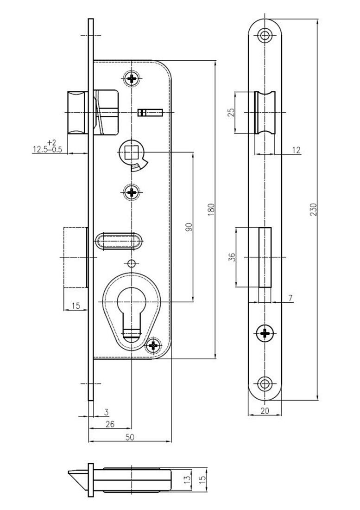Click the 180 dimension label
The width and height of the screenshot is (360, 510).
[x=211, y=210]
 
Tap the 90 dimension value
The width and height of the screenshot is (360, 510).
[x=188, y=227]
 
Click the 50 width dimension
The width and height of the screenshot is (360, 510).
[x=130, y=437]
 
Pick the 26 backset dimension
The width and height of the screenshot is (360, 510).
[x=110, y=424]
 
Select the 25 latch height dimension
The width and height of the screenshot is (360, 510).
[x=231, y=113]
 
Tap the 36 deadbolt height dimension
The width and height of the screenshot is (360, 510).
[x=231, y=257]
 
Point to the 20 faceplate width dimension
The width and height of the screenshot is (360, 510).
[x=265, y=410]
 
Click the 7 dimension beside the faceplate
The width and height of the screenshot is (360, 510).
[x=290, y=298]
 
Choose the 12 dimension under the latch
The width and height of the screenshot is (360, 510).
[x=297, y=150]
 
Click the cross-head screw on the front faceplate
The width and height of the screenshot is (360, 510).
[x=265, y=332]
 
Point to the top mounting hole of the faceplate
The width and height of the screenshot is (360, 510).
[x=265, y=35]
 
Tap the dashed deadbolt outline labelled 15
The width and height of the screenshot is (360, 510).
[x=75, y=257]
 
